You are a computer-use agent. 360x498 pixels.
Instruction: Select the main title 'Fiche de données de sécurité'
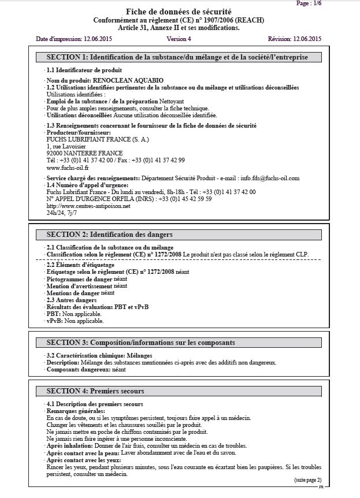click(x=179, y=12)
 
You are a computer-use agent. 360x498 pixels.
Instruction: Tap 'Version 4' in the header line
click(x=179, y=39)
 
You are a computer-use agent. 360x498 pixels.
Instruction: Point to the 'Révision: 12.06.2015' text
click(x=295, y=39)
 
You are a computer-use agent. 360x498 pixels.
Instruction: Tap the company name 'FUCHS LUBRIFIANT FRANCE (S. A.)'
click(x=90, y=139)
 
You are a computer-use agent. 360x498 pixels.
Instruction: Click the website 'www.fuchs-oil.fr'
click(x=64, y=168)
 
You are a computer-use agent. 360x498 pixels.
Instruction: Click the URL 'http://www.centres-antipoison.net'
click(x=88, y=206)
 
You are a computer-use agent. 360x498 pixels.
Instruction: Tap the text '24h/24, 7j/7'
click(x=62, y=213)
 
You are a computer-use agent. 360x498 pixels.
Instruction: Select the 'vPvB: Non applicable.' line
click(x=75, y=320)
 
